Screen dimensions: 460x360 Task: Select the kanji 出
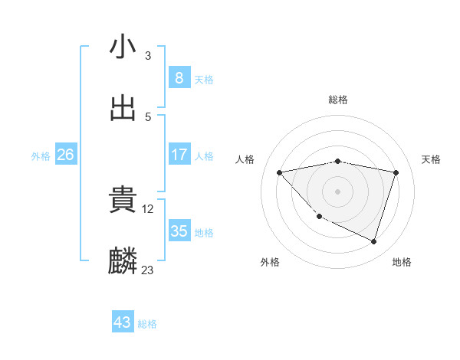(x=123, y=109)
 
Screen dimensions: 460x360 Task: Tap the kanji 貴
(x=123, y=201)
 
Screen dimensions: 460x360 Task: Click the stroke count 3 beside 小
(x=147, y=56)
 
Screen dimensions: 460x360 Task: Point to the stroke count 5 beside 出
(x=147, y=117)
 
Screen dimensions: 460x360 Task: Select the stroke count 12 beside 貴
(x=149, y=209)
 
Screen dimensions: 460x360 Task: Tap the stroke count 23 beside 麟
(x=148, y=270)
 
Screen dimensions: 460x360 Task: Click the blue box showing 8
(x=179, y=77)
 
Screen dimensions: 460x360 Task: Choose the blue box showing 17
(x=179, y=155)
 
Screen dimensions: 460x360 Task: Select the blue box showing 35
(x=179, y=231)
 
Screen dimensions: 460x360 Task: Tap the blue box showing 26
(x=65, y=155)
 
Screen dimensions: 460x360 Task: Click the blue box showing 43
(x=123, y=322)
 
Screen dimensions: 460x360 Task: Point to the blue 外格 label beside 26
(x=41, y=156)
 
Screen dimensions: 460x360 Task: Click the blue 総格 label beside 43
(x=147, y=324)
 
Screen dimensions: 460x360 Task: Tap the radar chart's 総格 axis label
(x=338, y=100)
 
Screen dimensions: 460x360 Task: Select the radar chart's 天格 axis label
(x=431, y=159)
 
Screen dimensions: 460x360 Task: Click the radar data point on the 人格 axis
(x=279, y=172)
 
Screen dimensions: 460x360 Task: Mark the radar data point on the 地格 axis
(x=373, y=242)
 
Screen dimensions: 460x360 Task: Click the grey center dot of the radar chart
(x=338, y=191)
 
